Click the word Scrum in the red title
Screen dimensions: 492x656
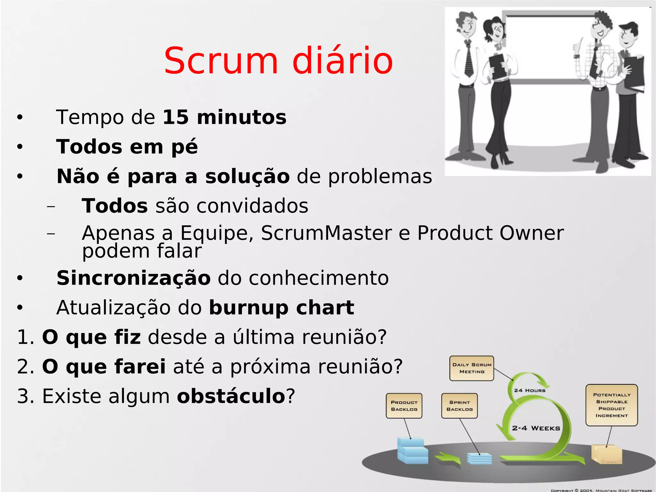221,61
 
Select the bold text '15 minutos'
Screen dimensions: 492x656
224,117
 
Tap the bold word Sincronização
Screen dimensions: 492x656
134,278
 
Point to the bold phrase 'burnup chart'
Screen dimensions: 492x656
282,308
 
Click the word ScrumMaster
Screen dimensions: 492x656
326,233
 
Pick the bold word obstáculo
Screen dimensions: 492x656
231,396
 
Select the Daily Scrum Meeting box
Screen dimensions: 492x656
471,368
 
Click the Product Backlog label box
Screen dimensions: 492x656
404,406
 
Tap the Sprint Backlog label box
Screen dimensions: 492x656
459,406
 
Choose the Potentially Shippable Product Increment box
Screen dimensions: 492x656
611,405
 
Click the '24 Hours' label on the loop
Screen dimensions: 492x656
529,390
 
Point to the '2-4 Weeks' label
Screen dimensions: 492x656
536,428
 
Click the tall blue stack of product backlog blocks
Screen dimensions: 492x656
412,451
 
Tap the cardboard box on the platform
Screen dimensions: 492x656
606,454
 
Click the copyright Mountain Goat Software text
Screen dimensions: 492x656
601,490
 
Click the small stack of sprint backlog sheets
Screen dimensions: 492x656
480,458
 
